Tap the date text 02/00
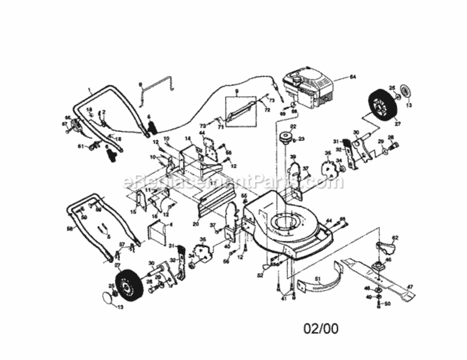point(321,329)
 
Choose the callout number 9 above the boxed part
point(237,91)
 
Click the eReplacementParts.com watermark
point(233,182)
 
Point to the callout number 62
point(395,237)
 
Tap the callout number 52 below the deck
point(260,276)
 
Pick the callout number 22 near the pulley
point(293,127)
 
